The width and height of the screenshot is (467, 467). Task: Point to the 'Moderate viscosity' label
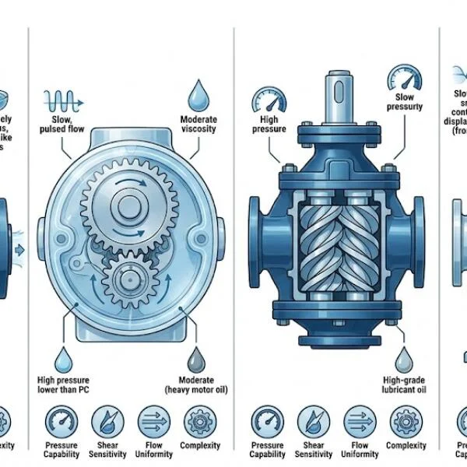(x=198, y=125)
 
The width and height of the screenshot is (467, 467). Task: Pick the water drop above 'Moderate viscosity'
(x=198, y=95)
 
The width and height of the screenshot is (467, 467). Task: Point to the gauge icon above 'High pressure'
(x=265, y=100)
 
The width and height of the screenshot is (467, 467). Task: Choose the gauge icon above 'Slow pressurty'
(x=402, y=79)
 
